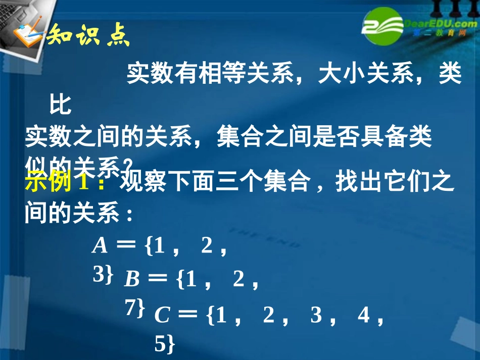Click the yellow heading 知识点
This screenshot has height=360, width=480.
tap(88, 36)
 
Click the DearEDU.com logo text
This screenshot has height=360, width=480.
tap(438, 24)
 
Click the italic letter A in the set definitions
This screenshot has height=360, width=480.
tap(100, 246)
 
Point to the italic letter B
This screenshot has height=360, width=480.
tap(132, 279)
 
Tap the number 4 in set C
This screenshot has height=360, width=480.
tap(363, 315)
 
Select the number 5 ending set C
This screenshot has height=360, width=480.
tap(161, 344)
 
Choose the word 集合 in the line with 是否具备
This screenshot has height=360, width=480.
tap(235, 137)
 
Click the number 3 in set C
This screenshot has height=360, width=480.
tap(316, 315)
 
